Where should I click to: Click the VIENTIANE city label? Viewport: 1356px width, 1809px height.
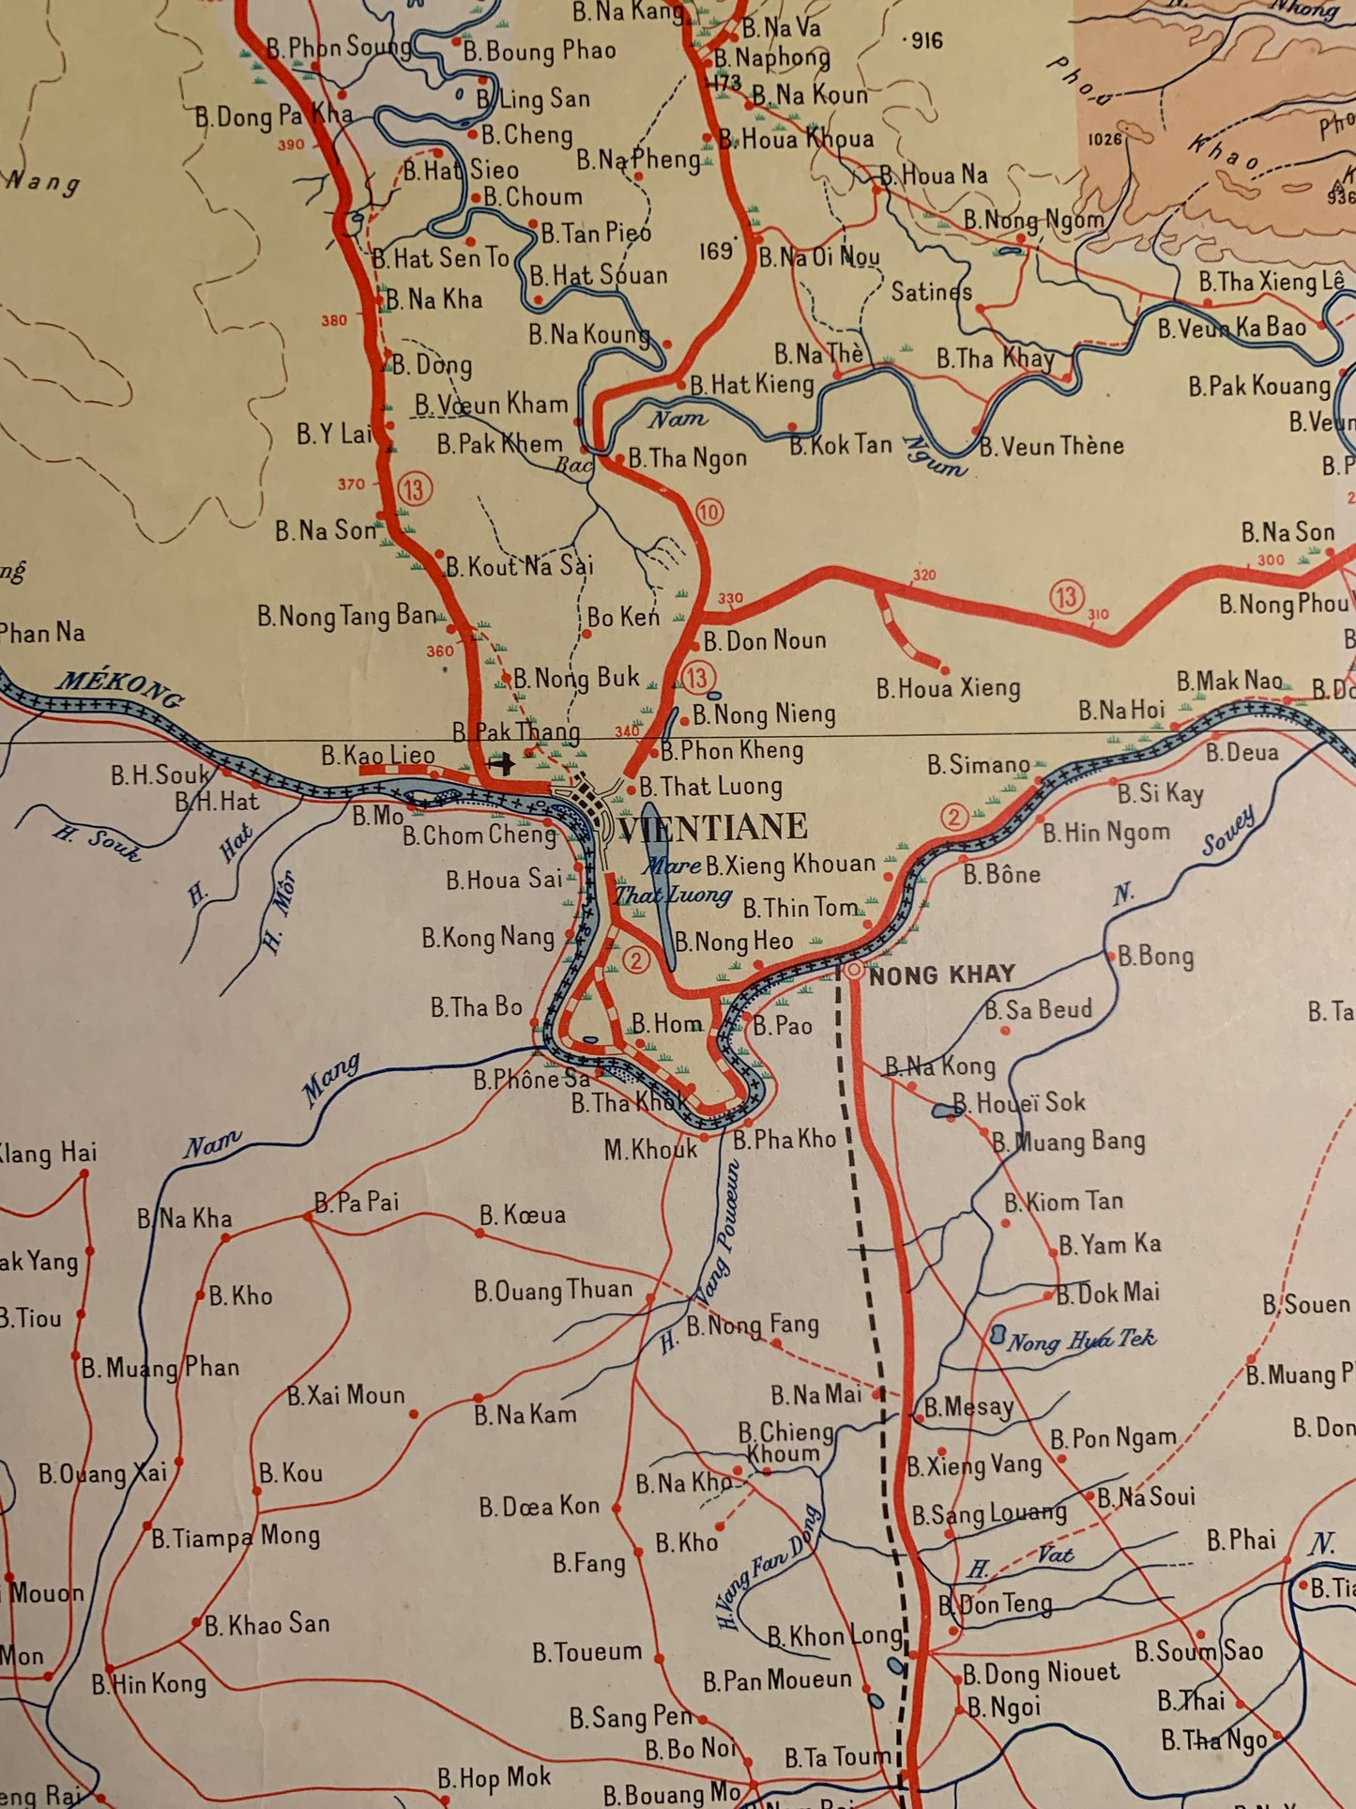[712, 827]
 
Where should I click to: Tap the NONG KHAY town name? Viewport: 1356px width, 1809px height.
[941, 974]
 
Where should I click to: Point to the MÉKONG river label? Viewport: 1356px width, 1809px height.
[119, 687]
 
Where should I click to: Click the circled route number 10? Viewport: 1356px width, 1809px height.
[709, 512]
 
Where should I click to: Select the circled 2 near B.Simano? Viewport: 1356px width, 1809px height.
[954, 817]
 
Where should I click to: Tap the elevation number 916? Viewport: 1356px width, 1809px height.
[922, 40]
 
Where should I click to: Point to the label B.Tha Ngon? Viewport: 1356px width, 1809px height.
[687, 457]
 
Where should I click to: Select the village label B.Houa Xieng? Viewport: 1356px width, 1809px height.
[948, 688]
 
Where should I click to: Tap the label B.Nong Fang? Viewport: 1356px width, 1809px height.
[752, 1325]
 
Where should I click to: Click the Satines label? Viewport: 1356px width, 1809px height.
[931, 292]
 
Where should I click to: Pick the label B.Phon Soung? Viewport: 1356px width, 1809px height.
[338, 47]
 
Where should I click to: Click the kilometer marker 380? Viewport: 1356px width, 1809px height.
[334, 320]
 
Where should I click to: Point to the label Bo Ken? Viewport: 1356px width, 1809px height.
[623, 617]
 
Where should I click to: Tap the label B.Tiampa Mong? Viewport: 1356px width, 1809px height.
[236, 1537]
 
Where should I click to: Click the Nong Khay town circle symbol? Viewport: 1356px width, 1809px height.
[853, 971]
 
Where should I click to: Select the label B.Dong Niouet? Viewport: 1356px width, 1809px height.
[1041, 1672]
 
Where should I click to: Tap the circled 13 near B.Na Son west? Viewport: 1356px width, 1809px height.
[414, 488]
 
